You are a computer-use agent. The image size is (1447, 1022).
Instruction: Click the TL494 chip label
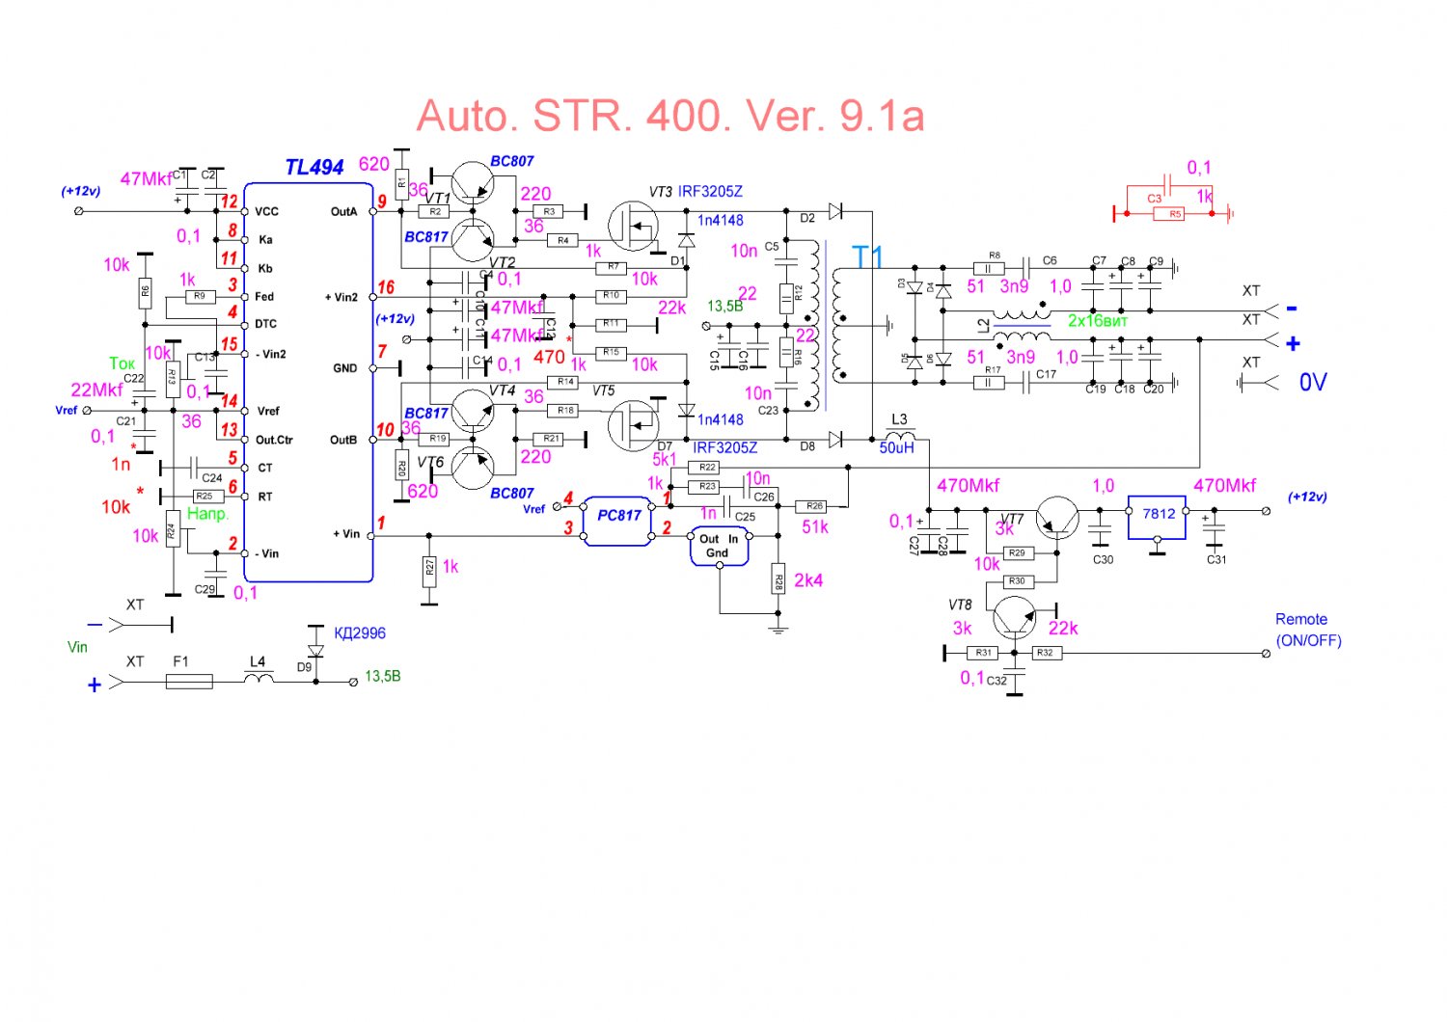[314, 167]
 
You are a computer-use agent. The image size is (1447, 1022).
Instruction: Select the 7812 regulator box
[1159, 514]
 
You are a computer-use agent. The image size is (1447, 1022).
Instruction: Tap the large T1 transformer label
[867, 256]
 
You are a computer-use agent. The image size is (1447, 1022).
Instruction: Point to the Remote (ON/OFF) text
[1307, 630]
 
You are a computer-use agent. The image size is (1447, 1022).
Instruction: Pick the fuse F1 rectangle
[189, 681]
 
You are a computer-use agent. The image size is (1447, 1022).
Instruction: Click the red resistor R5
[1175, 214]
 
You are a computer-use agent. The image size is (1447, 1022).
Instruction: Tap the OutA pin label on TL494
[343, 211]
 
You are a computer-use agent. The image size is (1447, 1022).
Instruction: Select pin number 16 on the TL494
[386, 287]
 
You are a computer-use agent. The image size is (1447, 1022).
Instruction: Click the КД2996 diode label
[359, 633]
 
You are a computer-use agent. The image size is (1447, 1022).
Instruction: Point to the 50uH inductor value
[896, 447]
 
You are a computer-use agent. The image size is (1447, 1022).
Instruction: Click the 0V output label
[1313, 383]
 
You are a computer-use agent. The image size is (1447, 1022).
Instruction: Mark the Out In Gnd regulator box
[719, 546]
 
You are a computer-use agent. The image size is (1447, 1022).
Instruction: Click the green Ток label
[122, 363]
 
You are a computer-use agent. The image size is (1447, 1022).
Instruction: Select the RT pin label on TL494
[264, 497]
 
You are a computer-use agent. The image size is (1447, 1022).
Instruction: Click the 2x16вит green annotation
[1097, 321]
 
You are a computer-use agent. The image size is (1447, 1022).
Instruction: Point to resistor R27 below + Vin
[429, 567]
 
